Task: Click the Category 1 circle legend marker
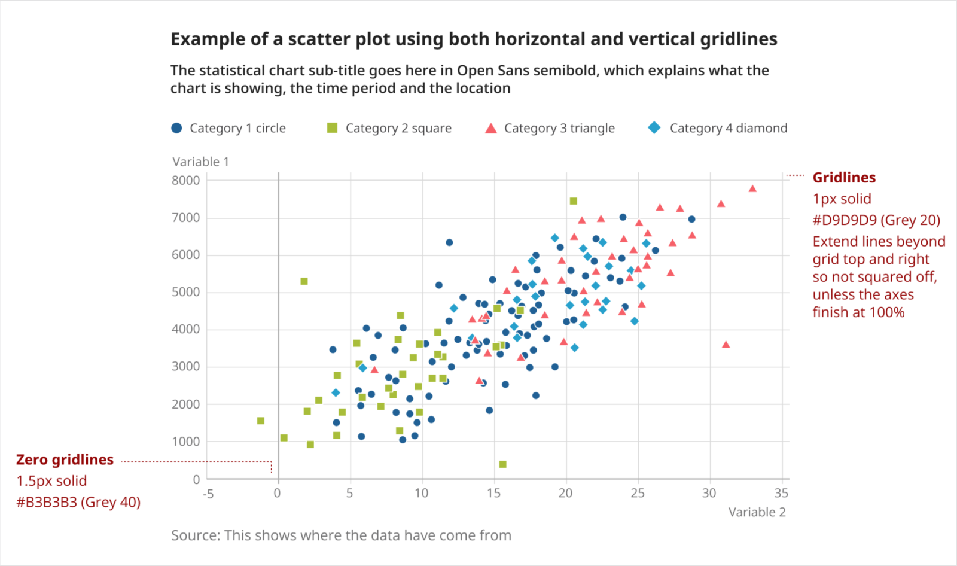(x=176, y=128)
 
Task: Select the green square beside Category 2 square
(x=333, y=128)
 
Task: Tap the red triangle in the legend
(x=491, y=128)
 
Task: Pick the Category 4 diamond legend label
(x=728, y=128)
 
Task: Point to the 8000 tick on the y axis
(x=185, y=181)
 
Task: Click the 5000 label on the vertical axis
(x=185, y=292)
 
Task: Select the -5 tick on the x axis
(x=208, y=494)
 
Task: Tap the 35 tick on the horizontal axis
(x=781, y=493)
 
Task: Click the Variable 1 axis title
(x=200, y=162)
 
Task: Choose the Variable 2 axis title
(x=757, y=512)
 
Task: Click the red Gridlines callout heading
(x=844, y=178)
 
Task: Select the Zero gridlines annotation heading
(x=65, y=460)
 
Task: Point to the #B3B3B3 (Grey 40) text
(x=78, y=502)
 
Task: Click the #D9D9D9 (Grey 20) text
(x=876, y=220)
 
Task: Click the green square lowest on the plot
(x=502, y=464)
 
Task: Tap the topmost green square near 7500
(x=573, y=201)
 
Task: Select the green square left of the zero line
(x=261, y=421)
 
